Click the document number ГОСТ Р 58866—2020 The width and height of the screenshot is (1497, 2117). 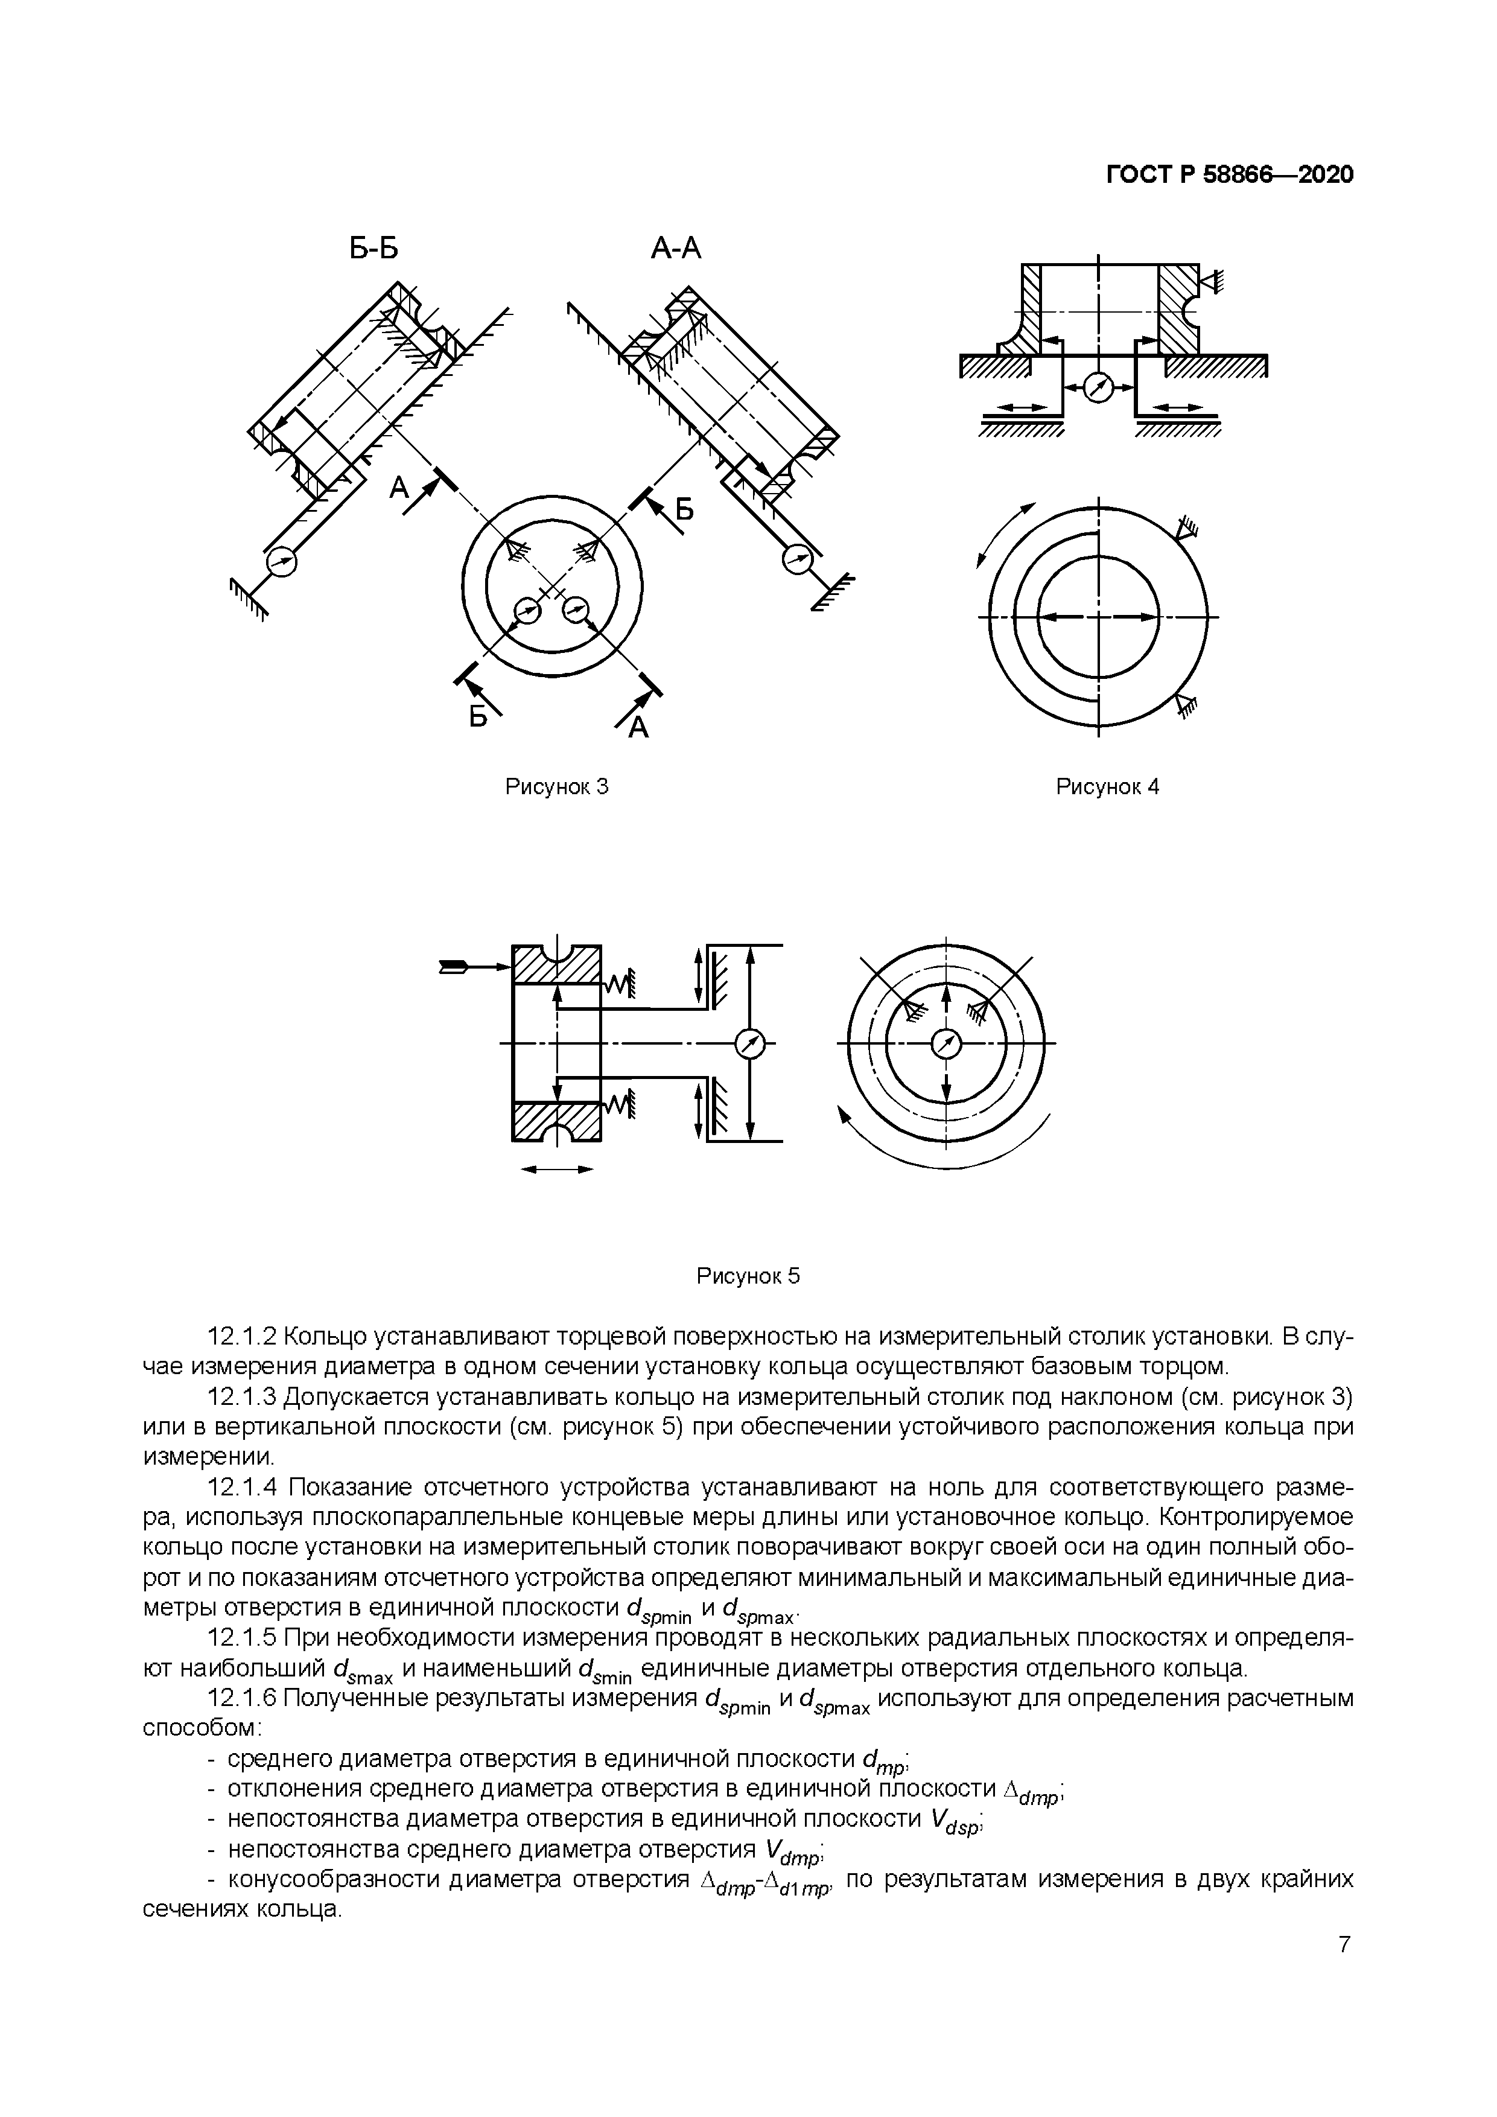pyautogui.click(x=1230, y=174)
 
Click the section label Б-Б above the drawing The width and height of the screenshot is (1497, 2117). pyautogui.click(x=374, y=247)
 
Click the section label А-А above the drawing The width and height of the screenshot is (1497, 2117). pyautogui.click(x=676, y=247)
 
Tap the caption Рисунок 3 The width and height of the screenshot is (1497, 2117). pyautogui.click(x=558, y=786)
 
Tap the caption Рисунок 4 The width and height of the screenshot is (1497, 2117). pyautogui.click(x=1106, y=786)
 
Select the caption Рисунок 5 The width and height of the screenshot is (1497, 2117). pyautogui.click(x=748, y=1276)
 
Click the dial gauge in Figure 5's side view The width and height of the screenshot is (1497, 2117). pyautogui.click(x=751, y=1044)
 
